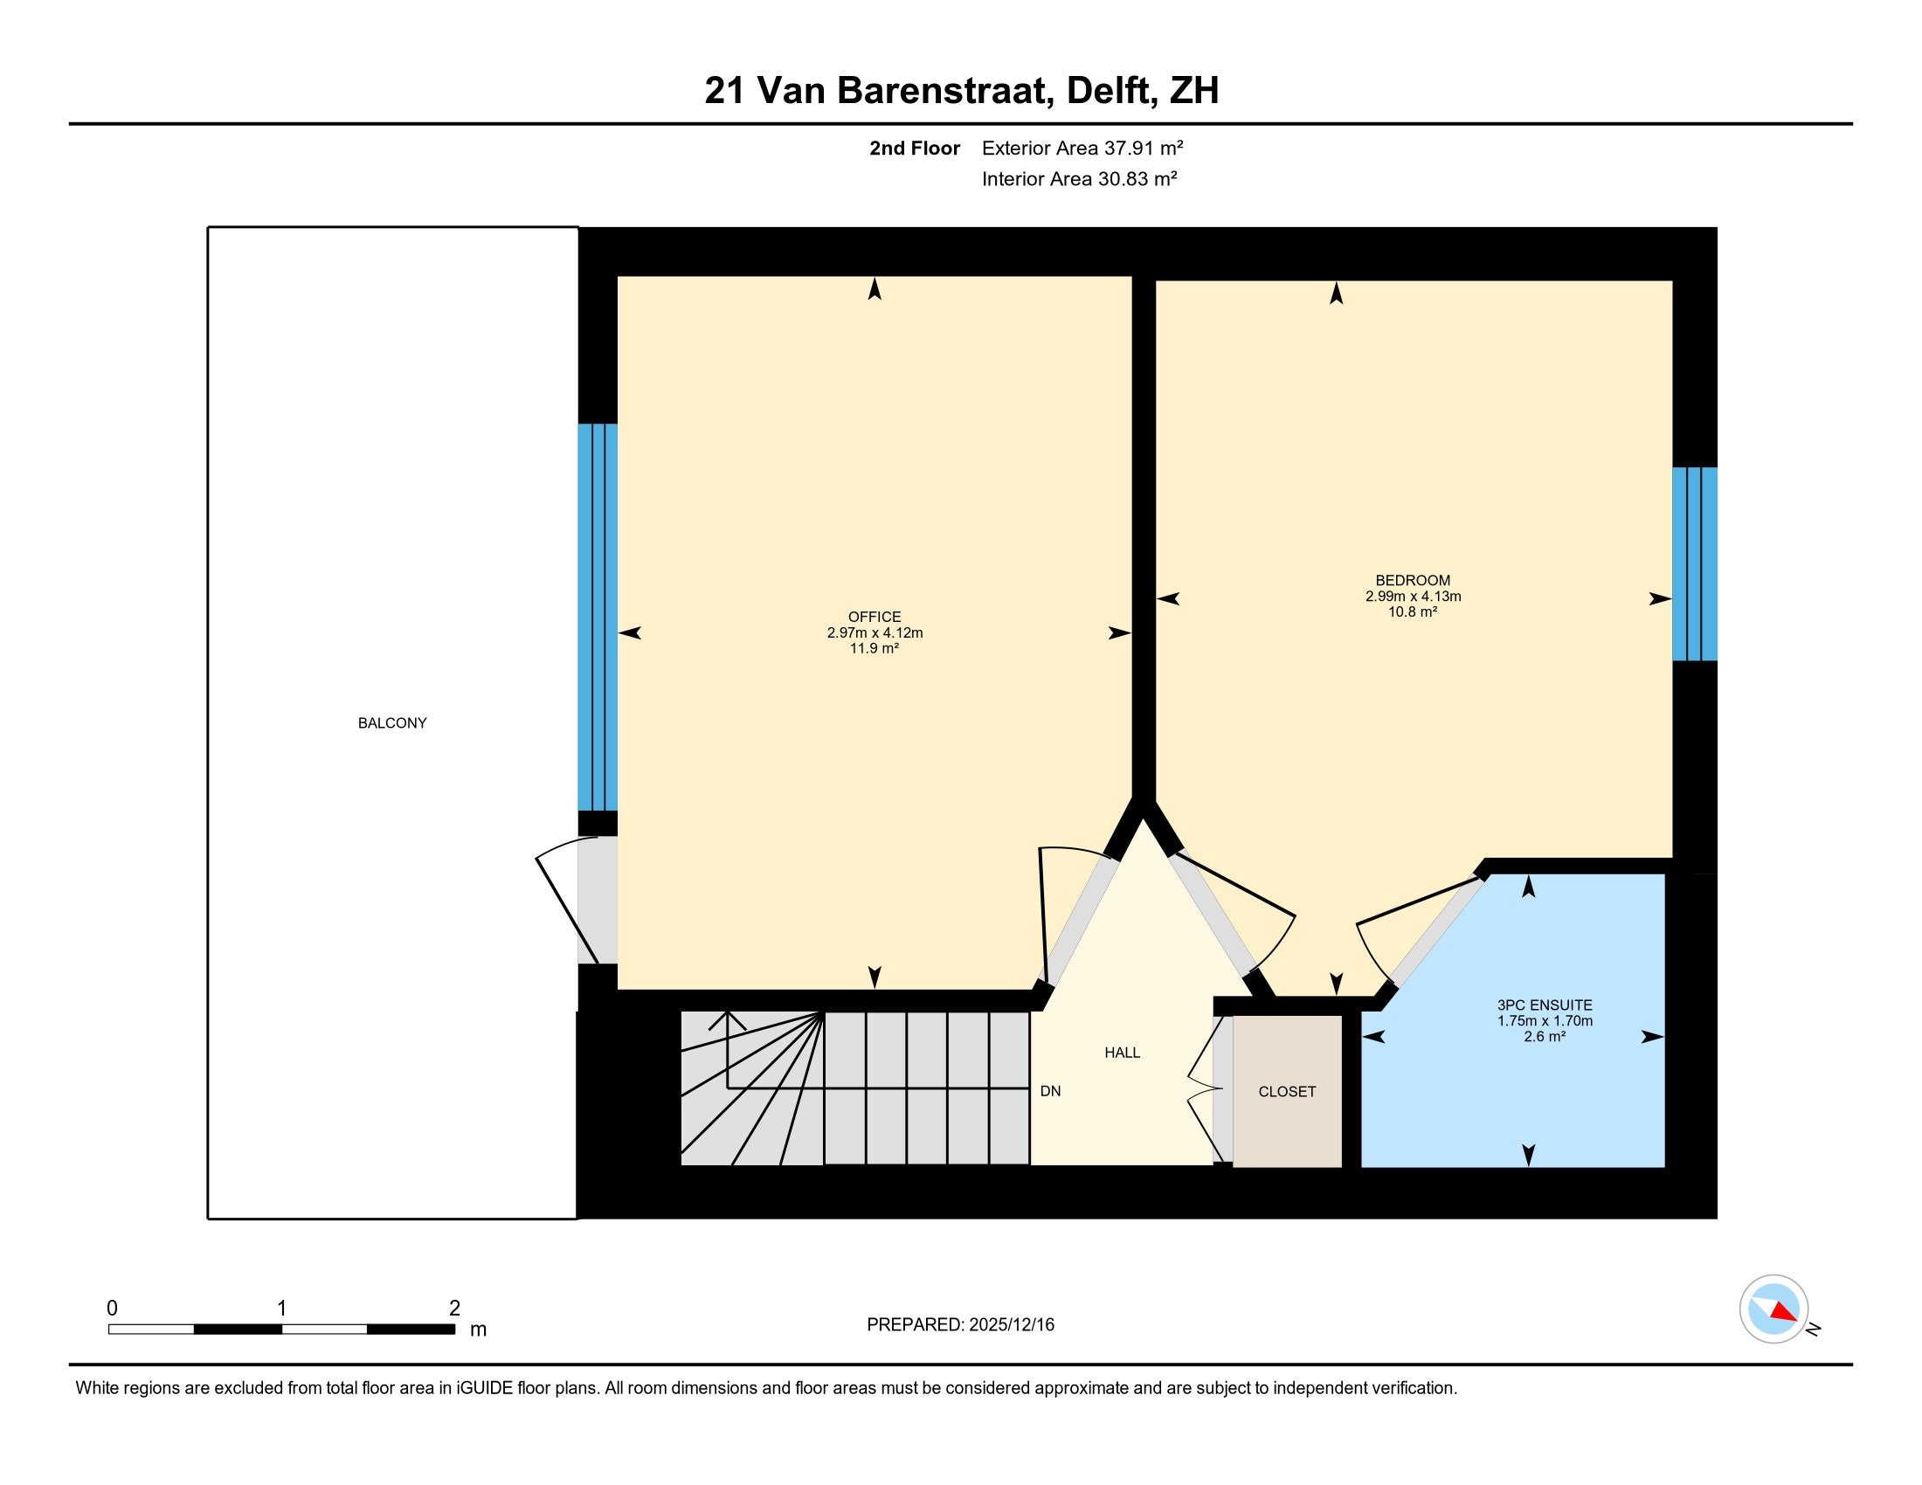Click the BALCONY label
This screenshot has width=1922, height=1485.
[391, 723]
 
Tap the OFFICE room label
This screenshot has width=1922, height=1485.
[874, 617]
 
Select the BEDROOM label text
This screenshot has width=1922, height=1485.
[1413, 581]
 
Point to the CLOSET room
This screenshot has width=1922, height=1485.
[1287, 1092]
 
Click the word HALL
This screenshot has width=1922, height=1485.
[1122, 1053]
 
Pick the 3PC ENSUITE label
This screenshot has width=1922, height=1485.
[1545, 1005]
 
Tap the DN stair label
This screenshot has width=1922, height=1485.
[1050, 1091]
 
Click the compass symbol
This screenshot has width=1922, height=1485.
[1773, 1309]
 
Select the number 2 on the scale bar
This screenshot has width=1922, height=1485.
[454, 1309]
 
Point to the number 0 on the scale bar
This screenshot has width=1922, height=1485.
[112, 1309]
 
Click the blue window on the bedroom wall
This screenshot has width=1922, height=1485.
[1694, 564]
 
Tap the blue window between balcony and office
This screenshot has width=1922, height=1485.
[598, 617]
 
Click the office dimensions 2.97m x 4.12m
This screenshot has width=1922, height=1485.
[874, 632]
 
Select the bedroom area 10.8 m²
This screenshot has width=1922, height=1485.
[1413, 611]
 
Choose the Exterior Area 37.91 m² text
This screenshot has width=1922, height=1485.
[1082, 148]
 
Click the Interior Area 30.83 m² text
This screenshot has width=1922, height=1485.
[1080, 178]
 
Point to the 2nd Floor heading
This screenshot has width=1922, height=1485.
[915, 148]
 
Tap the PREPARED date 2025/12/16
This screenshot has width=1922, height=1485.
[1011, 1325]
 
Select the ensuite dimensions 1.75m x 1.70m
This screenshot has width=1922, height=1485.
[1545, 1020]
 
